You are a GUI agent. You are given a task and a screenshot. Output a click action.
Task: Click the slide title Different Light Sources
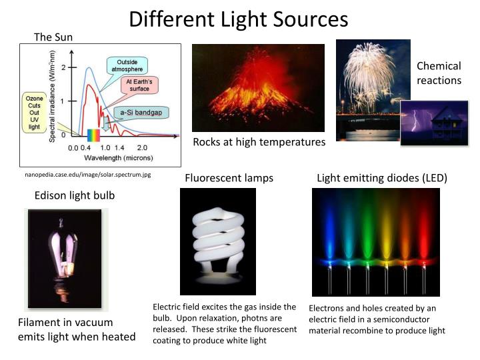point(239,19)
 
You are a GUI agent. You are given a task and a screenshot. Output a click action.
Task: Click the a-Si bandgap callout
point(141,112)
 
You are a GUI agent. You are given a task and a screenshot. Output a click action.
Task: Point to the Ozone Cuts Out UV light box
point(34,112)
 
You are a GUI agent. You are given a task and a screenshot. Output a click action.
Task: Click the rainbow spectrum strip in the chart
point(93,135)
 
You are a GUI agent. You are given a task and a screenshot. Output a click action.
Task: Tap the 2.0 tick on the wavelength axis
point(142,147)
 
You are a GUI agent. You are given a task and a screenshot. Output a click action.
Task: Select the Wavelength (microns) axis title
point(118,158)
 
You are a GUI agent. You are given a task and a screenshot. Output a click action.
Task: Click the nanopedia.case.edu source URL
point(88,175)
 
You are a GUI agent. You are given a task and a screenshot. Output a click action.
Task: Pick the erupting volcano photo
point(258,87)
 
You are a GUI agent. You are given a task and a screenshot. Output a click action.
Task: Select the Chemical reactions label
point(439,73)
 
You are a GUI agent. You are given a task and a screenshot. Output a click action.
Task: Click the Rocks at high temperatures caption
point(259,142)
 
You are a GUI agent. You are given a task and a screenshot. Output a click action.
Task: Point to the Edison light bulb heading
point(75,195)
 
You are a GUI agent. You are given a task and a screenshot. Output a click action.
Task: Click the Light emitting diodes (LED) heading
point(381,178)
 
